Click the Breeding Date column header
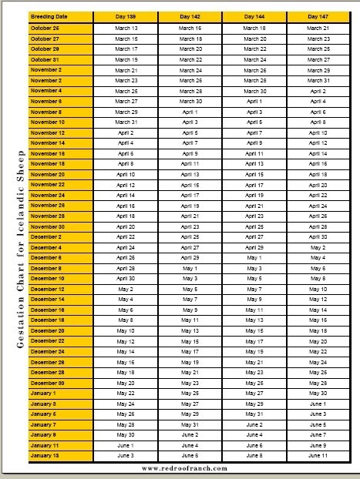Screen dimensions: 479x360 [60, 16]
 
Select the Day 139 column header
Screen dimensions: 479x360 [126, 16]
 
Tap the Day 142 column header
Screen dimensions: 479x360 [190, 16]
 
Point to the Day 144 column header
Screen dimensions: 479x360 [254, 16]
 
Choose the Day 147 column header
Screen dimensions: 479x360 [318, 16]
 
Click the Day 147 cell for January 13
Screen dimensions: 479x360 [318, 456]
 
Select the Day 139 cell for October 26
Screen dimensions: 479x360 [126, 28]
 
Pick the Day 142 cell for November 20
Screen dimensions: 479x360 [190, 174]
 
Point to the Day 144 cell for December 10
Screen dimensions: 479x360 [254, 278]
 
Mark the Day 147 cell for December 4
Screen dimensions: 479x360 [318, 247]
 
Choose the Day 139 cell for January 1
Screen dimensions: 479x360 [126, 394]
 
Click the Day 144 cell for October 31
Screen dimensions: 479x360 [254, 59]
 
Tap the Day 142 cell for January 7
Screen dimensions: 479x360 [190, 424]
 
